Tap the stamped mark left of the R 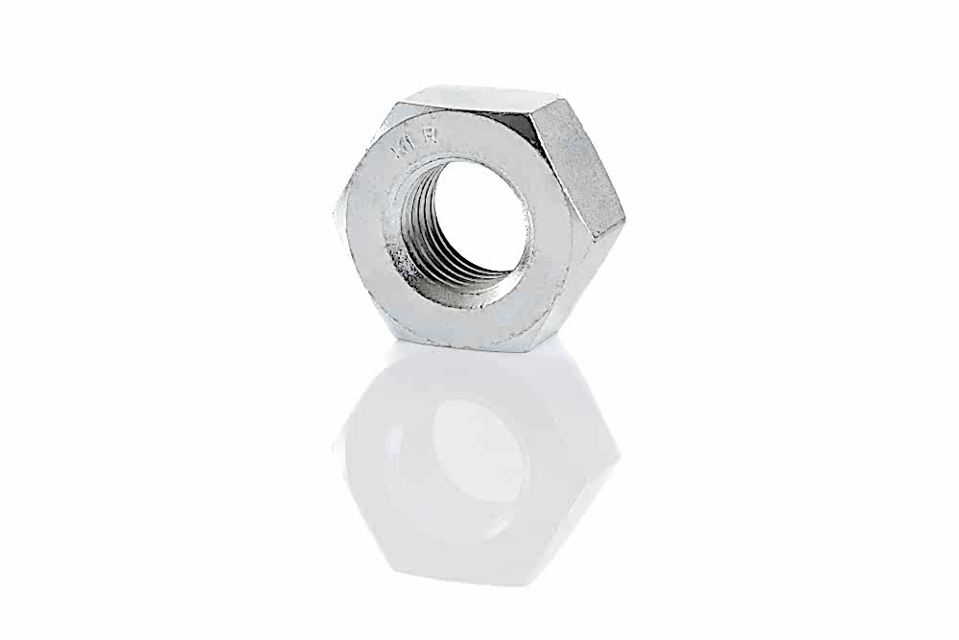[x=404, y=147]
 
